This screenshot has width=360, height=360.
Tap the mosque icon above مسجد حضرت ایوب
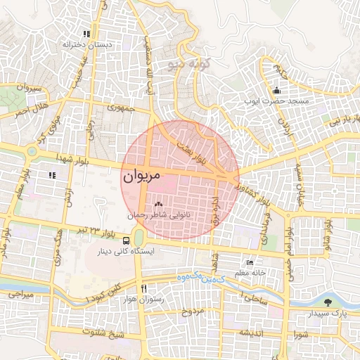(x=276, y=90)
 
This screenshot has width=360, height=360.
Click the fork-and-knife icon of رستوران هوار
(x=144, y=288)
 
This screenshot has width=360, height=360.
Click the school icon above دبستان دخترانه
(x=86, y=34)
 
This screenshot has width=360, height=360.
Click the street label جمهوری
(x=121, y=108)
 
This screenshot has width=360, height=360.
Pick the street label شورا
(x=302, y=334)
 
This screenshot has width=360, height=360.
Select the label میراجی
(x=19, y=296)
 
